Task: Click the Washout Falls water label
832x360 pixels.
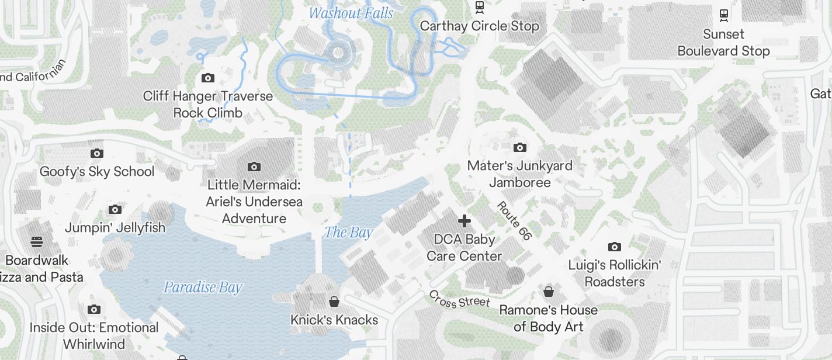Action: (x=351, y=13)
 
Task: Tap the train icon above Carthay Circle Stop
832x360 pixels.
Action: (x=480, y=7)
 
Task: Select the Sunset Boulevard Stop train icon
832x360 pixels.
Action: (x=724, y=15)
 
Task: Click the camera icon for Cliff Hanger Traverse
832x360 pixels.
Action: (x=207, y=78)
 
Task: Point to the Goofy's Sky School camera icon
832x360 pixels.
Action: (x=97, y=153)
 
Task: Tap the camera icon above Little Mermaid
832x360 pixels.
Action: (x=254, y=167)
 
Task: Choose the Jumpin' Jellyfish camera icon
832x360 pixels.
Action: (x=115, y=209)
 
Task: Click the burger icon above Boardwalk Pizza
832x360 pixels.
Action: (x=36, y=241)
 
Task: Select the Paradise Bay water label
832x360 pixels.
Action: (x=202, y=288)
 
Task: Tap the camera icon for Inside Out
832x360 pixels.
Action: (x=94, y=309)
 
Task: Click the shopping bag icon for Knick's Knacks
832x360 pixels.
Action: (x=334, y=302)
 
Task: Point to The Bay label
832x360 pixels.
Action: (x=349, y=233)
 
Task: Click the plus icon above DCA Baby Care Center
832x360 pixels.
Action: (x=464, y=221)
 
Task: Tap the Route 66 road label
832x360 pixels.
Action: (x=514, y=221)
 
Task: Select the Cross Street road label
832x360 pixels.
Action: (x=459, y=299)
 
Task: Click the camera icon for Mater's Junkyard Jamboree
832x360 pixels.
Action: (x=519, y=147)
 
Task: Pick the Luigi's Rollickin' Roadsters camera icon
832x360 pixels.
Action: (x=614, y=247)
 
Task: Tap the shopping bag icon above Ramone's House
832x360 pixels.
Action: (x=549, y=291)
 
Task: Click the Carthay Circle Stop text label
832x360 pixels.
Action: (x=479, y=26)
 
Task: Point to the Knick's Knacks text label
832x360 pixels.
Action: (x=334, y=320)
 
